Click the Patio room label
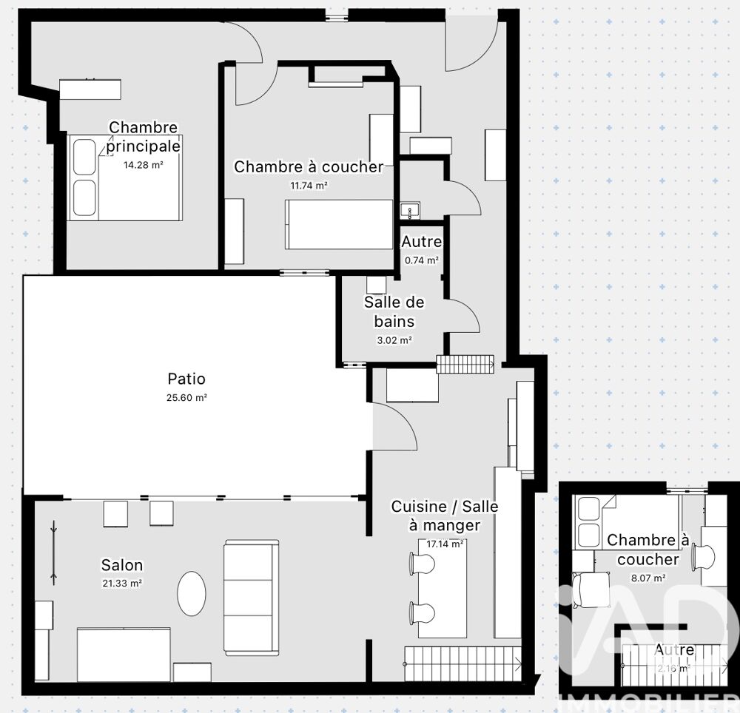(x=186, y=379)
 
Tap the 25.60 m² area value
(x=186, y=397)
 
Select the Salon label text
(x=122, y=566)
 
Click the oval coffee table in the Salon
(x=192, y=592)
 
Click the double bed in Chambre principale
(x=125, y=178)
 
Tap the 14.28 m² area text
(x=143, y=165)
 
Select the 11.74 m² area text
(x=308, y=186)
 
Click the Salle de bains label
(x=394, y=311)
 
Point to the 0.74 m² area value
(x=422, y=260)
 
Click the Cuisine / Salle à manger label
(x=444, y=516)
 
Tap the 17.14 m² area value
(x=445, y=544)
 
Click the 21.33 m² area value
(x=122, y=583)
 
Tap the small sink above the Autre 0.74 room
(x=410, y=210)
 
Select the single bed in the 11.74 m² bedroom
(x=339, y=224)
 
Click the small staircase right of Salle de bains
(x=465, y=363)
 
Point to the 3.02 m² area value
(x=394, y=340)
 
